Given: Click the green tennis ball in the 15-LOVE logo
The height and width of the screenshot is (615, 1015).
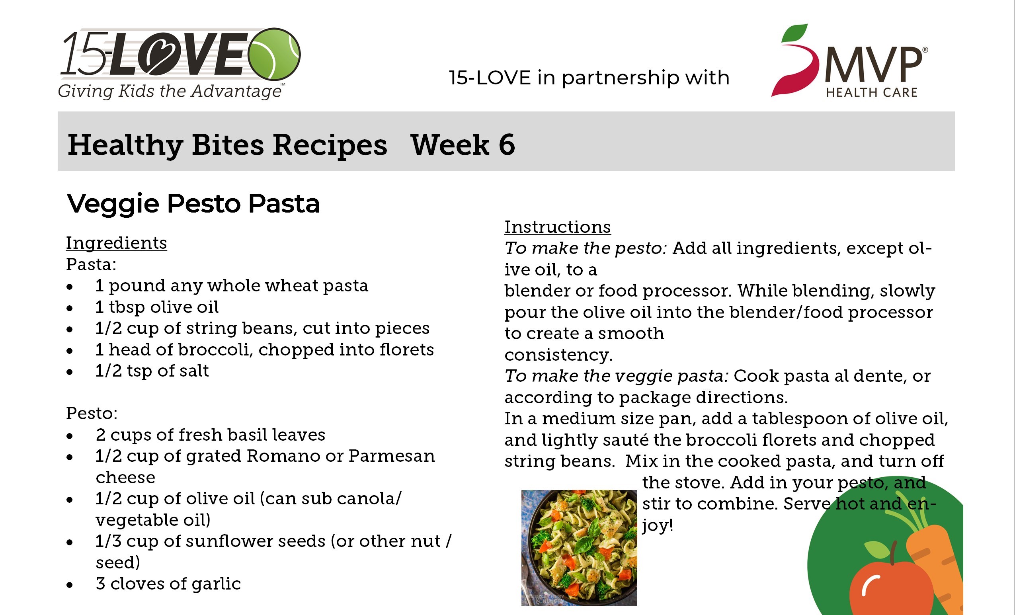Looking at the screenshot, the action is tap(275, 54).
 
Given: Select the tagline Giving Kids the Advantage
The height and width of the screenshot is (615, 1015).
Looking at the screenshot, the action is tap(170, 91).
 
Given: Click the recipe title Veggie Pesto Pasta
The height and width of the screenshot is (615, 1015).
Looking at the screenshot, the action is tap(193, 204).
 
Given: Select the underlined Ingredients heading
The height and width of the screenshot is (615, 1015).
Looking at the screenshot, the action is tap(117, 243).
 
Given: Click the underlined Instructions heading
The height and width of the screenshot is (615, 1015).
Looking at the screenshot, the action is tap(558, 227).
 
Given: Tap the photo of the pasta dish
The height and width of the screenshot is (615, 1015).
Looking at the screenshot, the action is tap(579, 547).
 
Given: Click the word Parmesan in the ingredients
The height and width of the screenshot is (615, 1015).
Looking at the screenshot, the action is tap(391, 456).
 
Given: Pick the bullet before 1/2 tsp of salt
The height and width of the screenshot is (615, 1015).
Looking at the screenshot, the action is tap(70, 372).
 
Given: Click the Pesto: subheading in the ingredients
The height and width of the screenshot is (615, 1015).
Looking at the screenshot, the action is tap(92, 413).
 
